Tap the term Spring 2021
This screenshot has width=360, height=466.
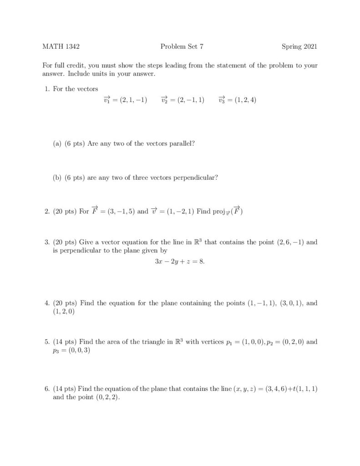[299, 46]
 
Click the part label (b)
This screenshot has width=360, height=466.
[58, 178]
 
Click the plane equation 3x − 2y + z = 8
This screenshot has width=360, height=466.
[180, 263]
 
